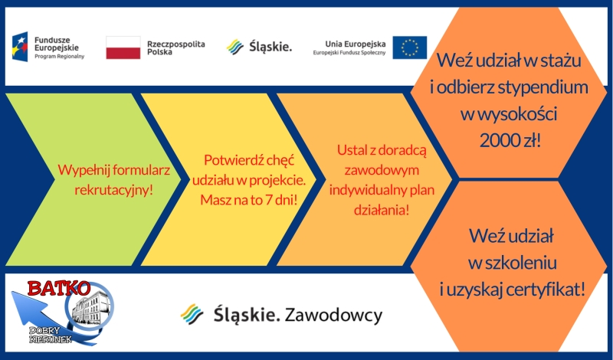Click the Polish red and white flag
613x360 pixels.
(123, 47)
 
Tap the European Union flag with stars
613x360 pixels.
(410, 47)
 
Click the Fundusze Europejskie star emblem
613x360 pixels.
(20, 47)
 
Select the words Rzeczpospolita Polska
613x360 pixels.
(176, 48)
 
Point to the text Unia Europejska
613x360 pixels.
(356, 44)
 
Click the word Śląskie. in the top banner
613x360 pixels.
(270, 47)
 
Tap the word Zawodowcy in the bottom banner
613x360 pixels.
(333, 315)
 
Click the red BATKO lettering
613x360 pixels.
(59, 289)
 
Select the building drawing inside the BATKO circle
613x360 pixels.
(90, 306)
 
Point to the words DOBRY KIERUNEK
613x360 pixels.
(51, 335)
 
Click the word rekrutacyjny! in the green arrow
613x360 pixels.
(113, 190)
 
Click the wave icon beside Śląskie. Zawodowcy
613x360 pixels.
(192, 314)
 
